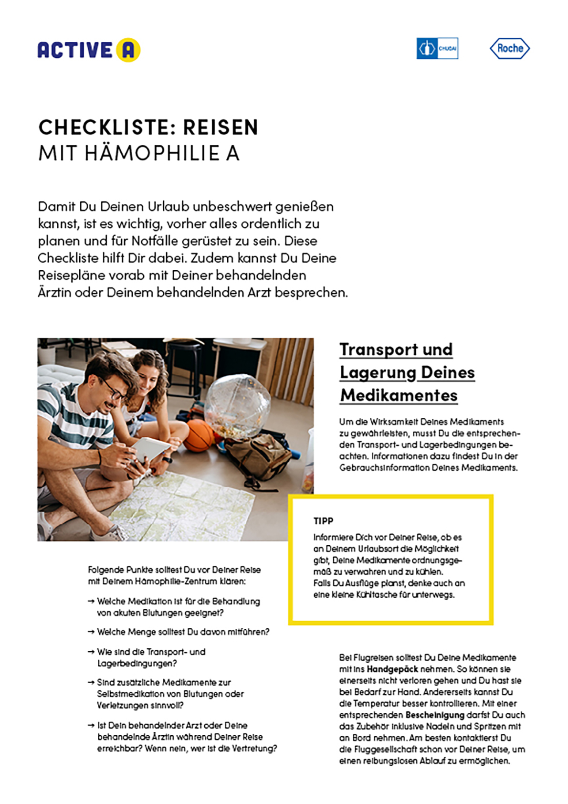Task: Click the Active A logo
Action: tap(89, 50)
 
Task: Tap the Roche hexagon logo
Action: tap(510, 48)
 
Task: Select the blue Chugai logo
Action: tap(437, 48)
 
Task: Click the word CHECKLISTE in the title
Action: tap(104, 127)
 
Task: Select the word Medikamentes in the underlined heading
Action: tap(399, 395)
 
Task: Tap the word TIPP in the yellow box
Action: tap(323, 521)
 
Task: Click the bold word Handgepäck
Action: tap(392, 669)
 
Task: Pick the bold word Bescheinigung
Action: tap(435, 715)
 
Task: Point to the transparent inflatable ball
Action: tap(237, 405)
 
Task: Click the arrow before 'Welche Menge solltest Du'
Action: tap(91, 632)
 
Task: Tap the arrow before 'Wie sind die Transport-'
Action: tap(91, 652)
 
